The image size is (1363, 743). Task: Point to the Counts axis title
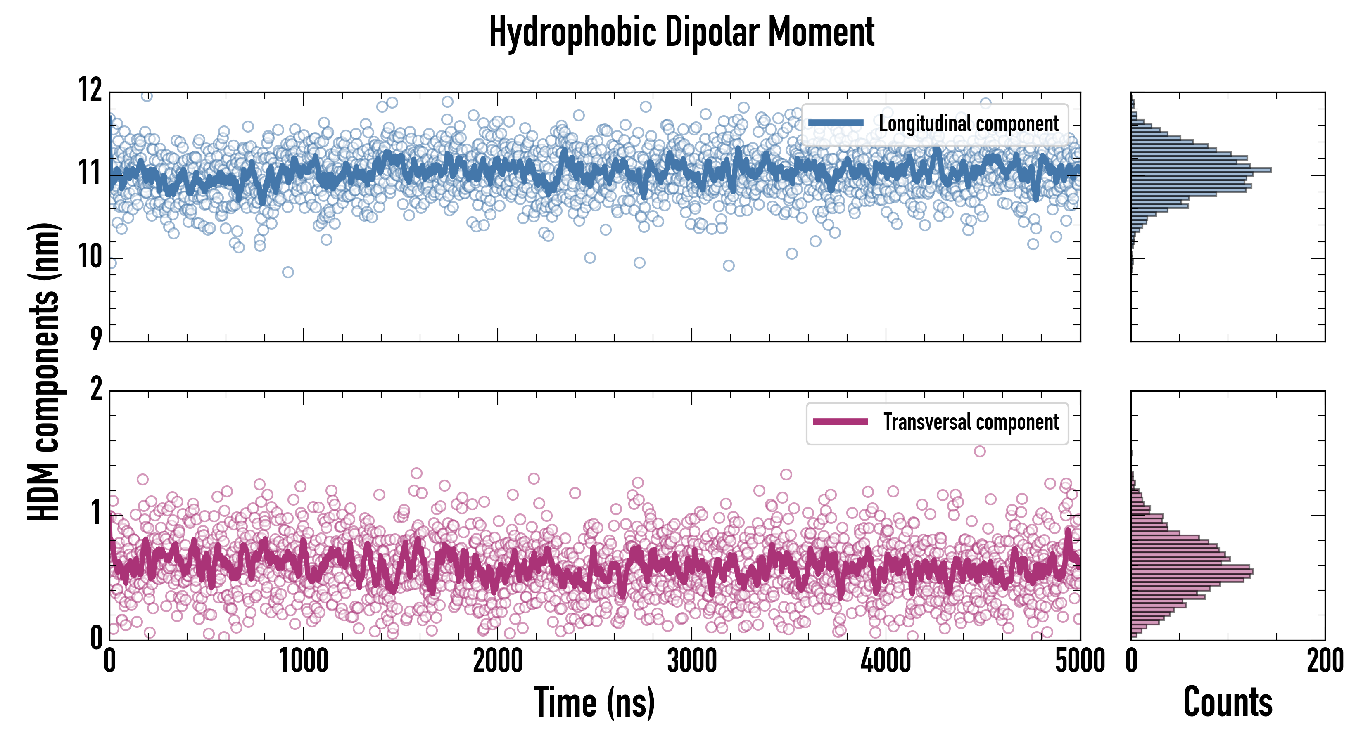click(x=1228, y=702)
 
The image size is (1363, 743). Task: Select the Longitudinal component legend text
click(x=968, y=124)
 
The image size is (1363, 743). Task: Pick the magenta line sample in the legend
click(x=840, y=422)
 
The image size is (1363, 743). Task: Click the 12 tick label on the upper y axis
click(x=90, y=90)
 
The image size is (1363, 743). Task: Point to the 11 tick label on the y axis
click(x=90, y=173)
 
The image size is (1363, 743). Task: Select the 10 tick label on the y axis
click(x=90, y=258)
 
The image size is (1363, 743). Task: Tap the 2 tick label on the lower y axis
click(x=96, y=390)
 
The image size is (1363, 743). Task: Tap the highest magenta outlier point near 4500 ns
click(x=979, y=451)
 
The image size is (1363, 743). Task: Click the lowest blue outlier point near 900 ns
click(x=288, y=272)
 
